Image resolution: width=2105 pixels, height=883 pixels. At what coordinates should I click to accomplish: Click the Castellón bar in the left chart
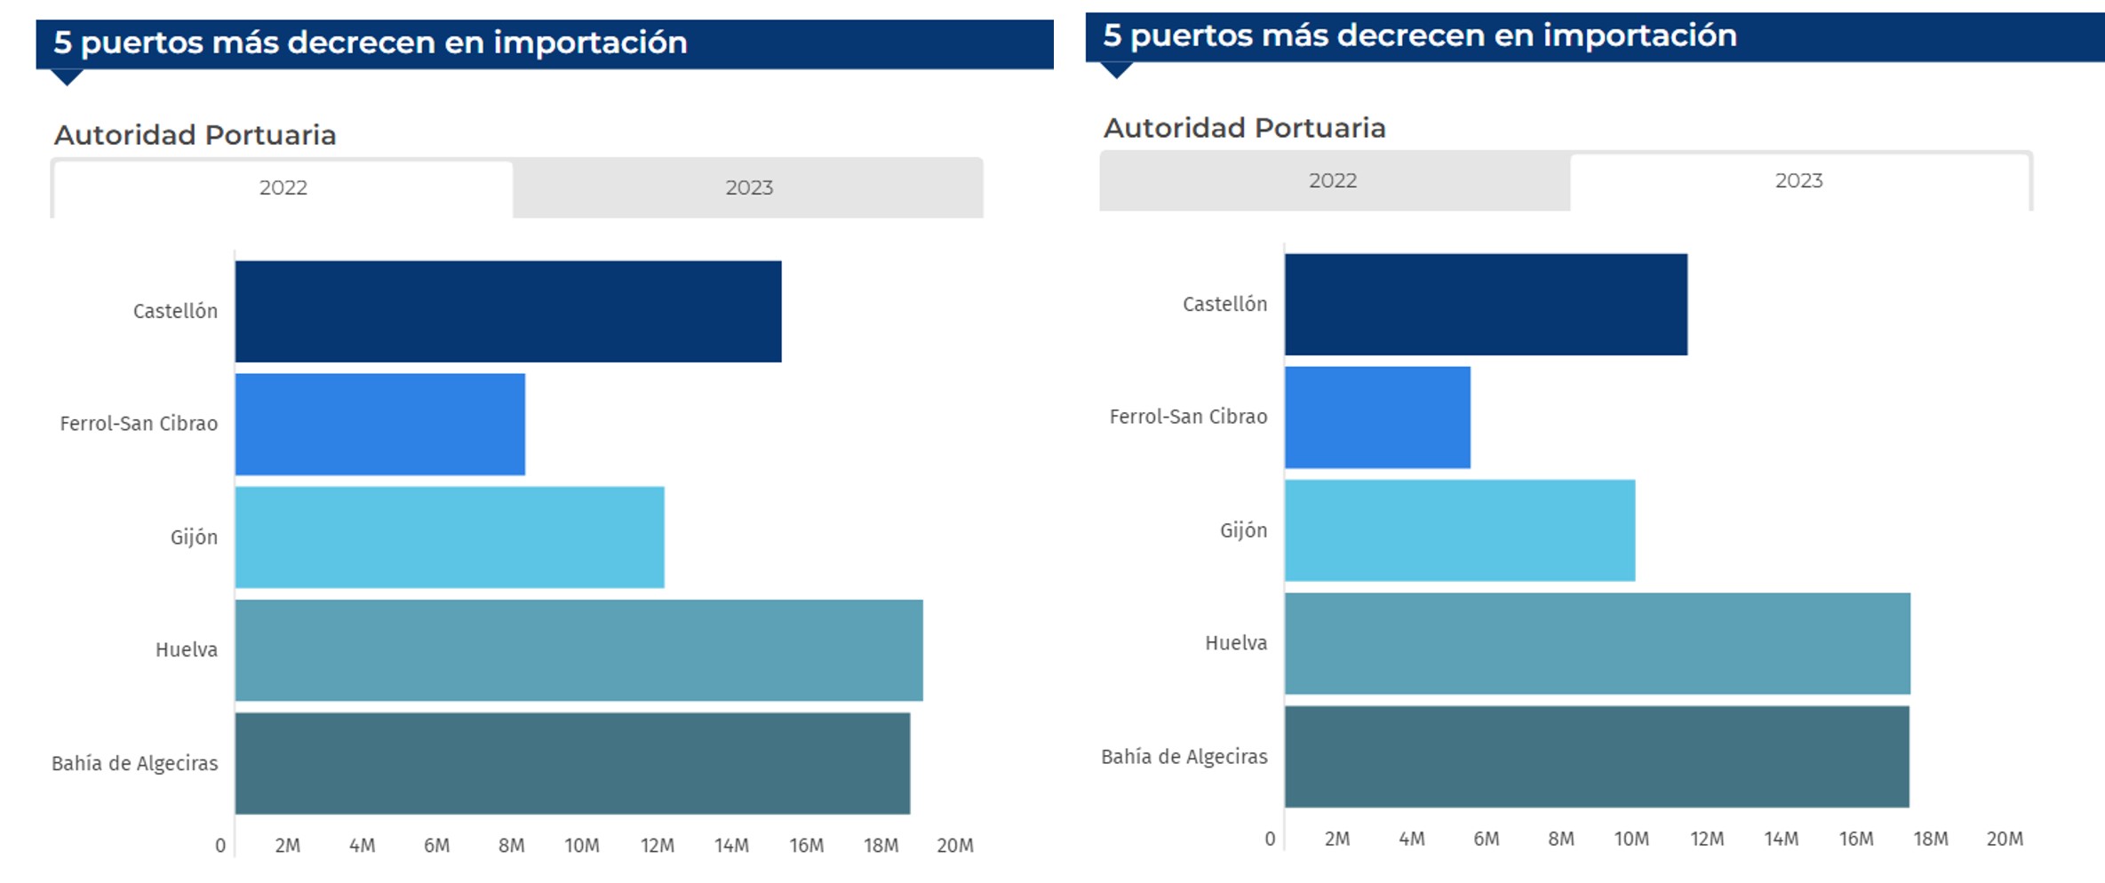click(x=508, y=311)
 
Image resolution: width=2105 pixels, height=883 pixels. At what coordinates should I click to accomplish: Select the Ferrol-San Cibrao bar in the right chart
click(x=1377, y=417)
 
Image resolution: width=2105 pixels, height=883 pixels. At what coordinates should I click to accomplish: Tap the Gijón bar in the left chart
click(x=450, y=537)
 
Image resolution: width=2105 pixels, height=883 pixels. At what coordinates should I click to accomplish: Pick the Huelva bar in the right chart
click(x=1597, y=643)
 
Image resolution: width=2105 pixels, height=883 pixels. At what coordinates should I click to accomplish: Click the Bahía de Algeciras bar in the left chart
click(x=572, y=763)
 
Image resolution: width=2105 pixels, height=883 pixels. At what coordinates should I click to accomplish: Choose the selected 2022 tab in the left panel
click(x=283, y=188)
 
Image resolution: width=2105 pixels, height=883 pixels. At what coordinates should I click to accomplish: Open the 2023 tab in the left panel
click(x=749, y=188)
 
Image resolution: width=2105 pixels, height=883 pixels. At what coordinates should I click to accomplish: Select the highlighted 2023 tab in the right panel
click(x=1798, y=181)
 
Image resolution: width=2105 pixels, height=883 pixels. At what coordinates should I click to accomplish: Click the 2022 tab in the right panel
click(x=1333, y=181)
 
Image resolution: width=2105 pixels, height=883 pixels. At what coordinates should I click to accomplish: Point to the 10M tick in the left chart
click(x=582, y=846)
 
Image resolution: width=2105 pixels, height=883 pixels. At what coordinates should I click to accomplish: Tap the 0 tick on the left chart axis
click(x=220, y=846)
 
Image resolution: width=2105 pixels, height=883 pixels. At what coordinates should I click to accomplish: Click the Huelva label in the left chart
click(x=187, y=650)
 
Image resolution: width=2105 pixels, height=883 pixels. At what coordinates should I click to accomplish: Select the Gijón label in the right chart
click(x=1243, y=530)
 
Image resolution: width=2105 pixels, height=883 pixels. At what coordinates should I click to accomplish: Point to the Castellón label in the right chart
click(x=1224, y=305)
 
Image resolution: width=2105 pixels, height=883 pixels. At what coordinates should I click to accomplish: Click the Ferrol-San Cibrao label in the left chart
click(x=139, y=424)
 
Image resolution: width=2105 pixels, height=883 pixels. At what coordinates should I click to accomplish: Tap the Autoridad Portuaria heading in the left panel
click(x=195, y=135)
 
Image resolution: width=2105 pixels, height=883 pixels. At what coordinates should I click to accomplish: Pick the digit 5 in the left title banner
click(x=62, y=43)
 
